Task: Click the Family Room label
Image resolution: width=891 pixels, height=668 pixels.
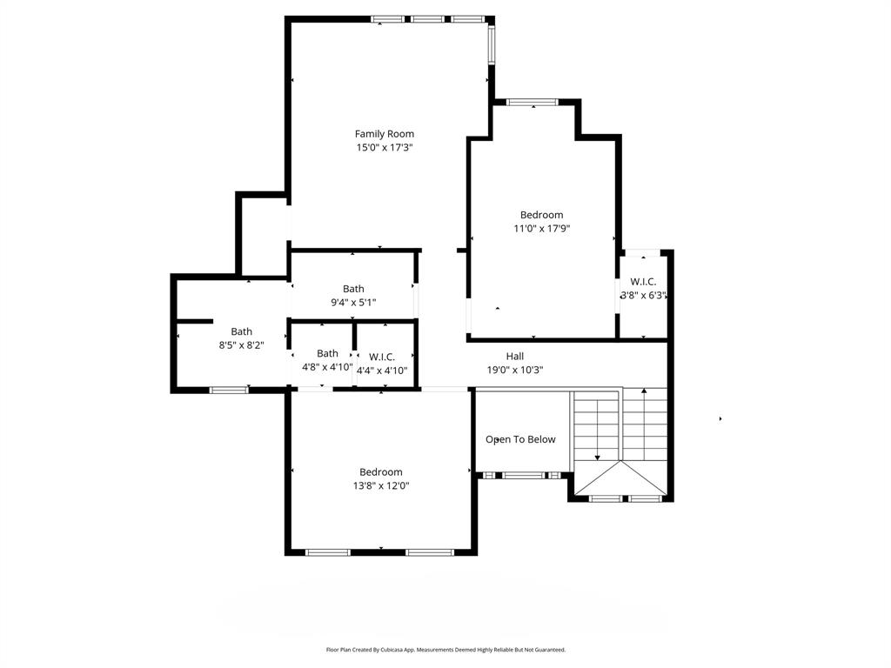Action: pyautogui.click(x=384, y=134)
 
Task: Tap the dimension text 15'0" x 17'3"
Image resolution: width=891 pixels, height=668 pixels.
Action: pyautogui.click(x=384, y=148)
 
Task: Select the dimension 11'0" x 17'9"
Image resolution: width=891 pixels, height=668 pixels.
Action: pyautogui.click(x=541, y=229)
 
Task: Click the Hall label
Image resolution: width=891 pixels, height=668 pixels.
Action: pyautogui.click(x=515, y=356)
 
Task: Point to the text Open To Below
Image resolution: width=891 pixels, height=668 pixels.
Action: pyautogui.click(x=520, y=439)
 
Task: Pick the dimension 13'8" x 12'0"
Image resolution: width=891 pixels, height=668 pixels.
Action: pyautogui.click(x=380, y=486)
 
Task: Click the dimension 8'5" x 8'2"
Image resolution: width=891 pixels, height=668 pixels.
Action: pyautogui.click(x=241, y=345)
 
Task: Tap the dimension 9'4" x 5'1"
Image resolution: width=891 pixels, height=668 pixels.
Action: pyautogui.click(x=353, y=303)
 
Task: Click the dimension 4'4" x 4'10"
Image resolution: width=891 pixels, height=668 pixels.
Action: pyautogui.click(x=382, y=371)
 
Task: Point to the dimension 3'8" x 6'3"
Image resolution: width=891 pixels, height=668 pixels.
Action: pyautogui.click(x=643, y=296)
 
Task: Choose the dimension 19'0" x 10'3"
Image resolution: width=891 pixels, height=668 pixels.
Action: pyautogui.click(x=515, y=370)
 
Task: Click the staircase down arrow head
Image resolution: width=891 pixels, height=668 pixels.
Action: pyautogui.click(x=598, y=458)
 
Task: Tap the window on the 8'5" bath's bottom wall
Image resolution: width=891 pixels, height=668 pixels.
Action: pyautogui.click(x=229, y=390)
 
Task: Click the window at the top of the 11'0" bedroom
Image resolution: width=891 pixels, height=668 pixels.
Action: pyautogui.click(x=533, y=103)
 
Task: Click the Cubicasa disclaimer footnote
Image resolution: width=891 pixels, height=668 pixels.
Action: pyautogui.click(x=445, y=650)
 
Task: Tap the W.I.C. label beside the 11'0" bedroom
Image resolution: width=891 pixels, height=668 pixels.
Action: pyautogui.click(x=643, y=282)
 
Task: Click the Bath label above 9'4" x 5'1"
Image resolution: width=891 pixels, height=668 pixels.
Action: pyautogui.click(x=353, y=289)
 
